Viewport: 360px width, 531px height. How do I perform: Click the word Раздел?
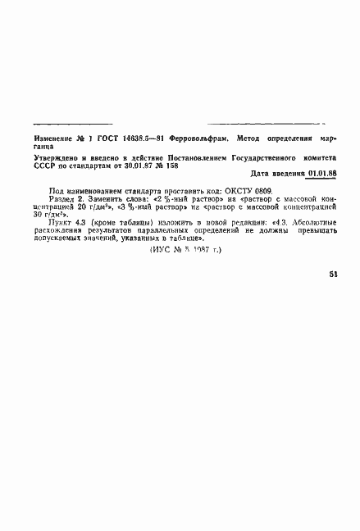click(62, 198)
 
